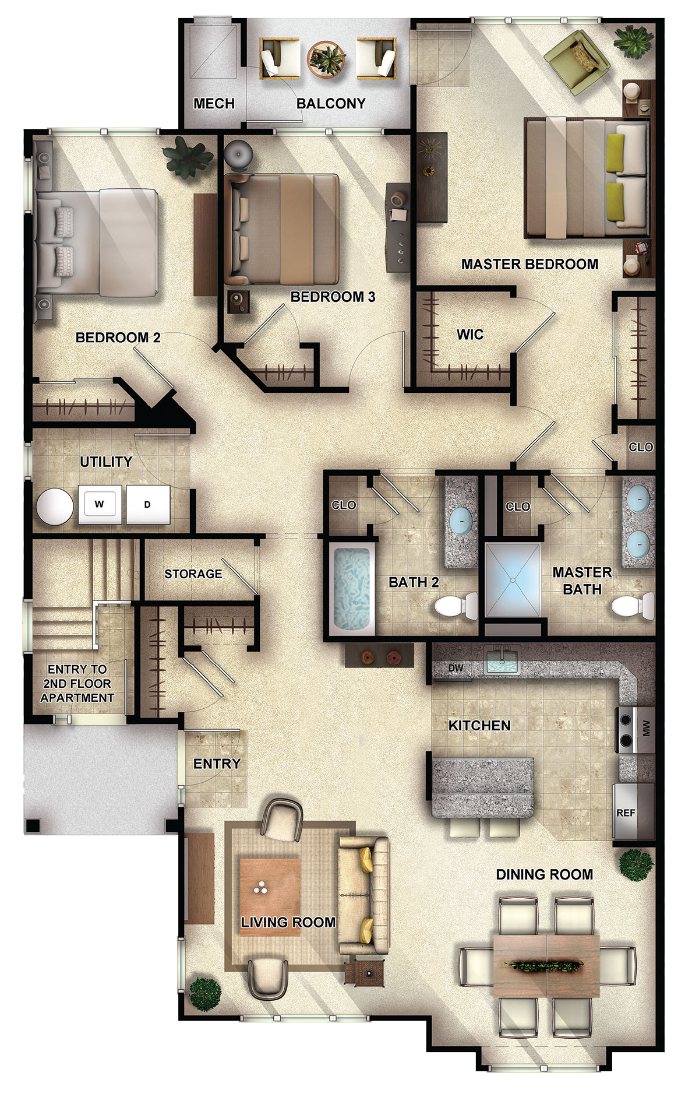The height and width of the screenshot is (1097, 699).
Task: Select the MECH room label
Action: coord(214,104)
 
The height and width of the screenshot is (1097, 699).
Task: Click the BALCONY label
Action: coord(331,104)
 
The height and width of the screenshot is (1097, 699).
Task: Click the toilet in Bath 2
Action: coord(456,607)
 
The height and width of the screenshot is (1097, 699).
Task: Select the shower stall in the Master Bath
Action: coord(513,580)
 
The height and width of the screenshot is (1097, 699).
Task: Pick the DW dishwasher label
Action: coord(456,668)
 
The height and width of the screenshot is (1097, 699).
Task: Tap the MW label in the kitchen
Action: coord(645,727)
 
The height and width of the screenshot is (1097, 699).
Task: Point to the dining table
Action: coord(546,966)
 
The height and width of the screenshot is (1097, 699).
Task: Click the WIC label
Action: coord(470,335)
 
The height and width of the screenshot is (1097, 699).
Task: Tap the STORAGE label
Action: coord(193,574)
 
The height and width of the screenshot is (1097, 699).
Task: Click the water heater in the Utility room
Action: coord(55,505)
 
